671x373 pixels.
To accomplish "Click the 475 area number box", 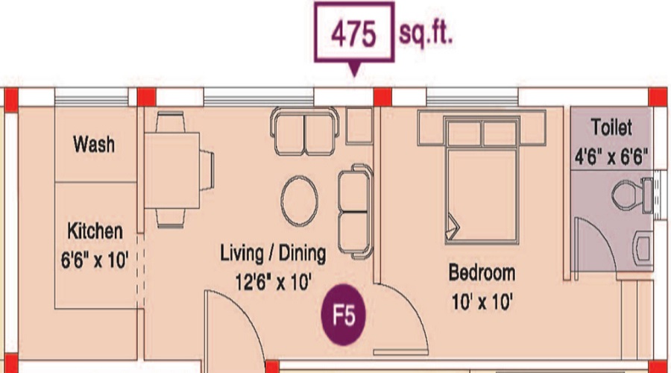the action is [354, 33].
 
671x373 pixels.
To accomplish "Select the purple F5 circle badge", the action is [344, 315].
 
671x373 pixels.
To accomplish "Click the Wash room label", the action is [94, 144].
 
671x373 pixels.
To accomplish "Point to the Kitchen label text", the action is [95, 231].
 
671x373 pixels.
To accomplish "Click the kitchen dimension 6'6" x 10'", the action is [95, 260].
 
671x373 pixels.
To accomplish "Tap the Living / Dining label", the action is [273, 253].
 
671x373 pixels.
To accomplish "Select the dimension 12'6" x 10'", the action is [274, 282].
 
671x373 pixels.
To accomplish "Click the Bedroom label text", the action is [482, 273].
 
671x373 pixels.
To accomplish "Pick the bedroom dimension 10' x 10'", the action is [482, 302].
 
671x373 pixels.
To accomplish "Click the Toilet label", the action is [611, 127].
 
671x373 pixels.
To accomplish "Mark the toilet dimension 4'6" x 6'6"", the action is [611, 157].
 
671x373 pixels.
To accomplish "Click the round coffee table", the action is [300, 201].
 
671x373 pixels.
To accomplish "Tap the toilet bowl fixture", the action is [632, 195].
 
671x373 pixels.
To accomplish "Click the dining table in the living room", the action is [172, 170].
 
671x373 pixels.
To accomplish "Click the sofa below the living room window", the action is [305, 131].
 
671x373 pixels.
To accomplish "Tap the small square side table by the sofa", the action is [359, 125].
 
